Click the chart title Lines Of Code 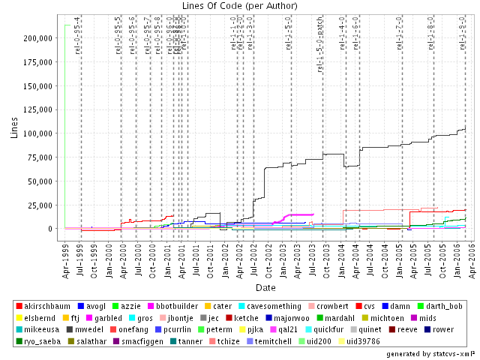coord(239,7)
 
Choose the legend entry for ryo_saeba coord(41,340)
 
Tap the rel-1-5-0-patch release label coord(320,46)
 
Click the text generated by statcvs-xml coord(430,352)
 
